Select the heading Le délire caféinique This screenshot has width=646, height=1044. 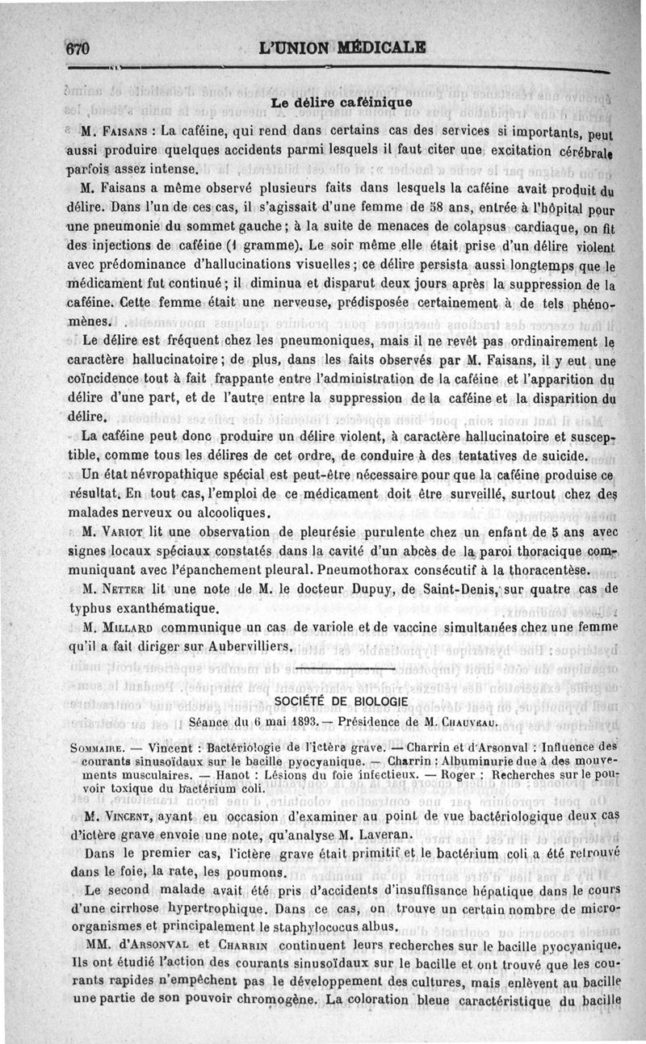(342, 103)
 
